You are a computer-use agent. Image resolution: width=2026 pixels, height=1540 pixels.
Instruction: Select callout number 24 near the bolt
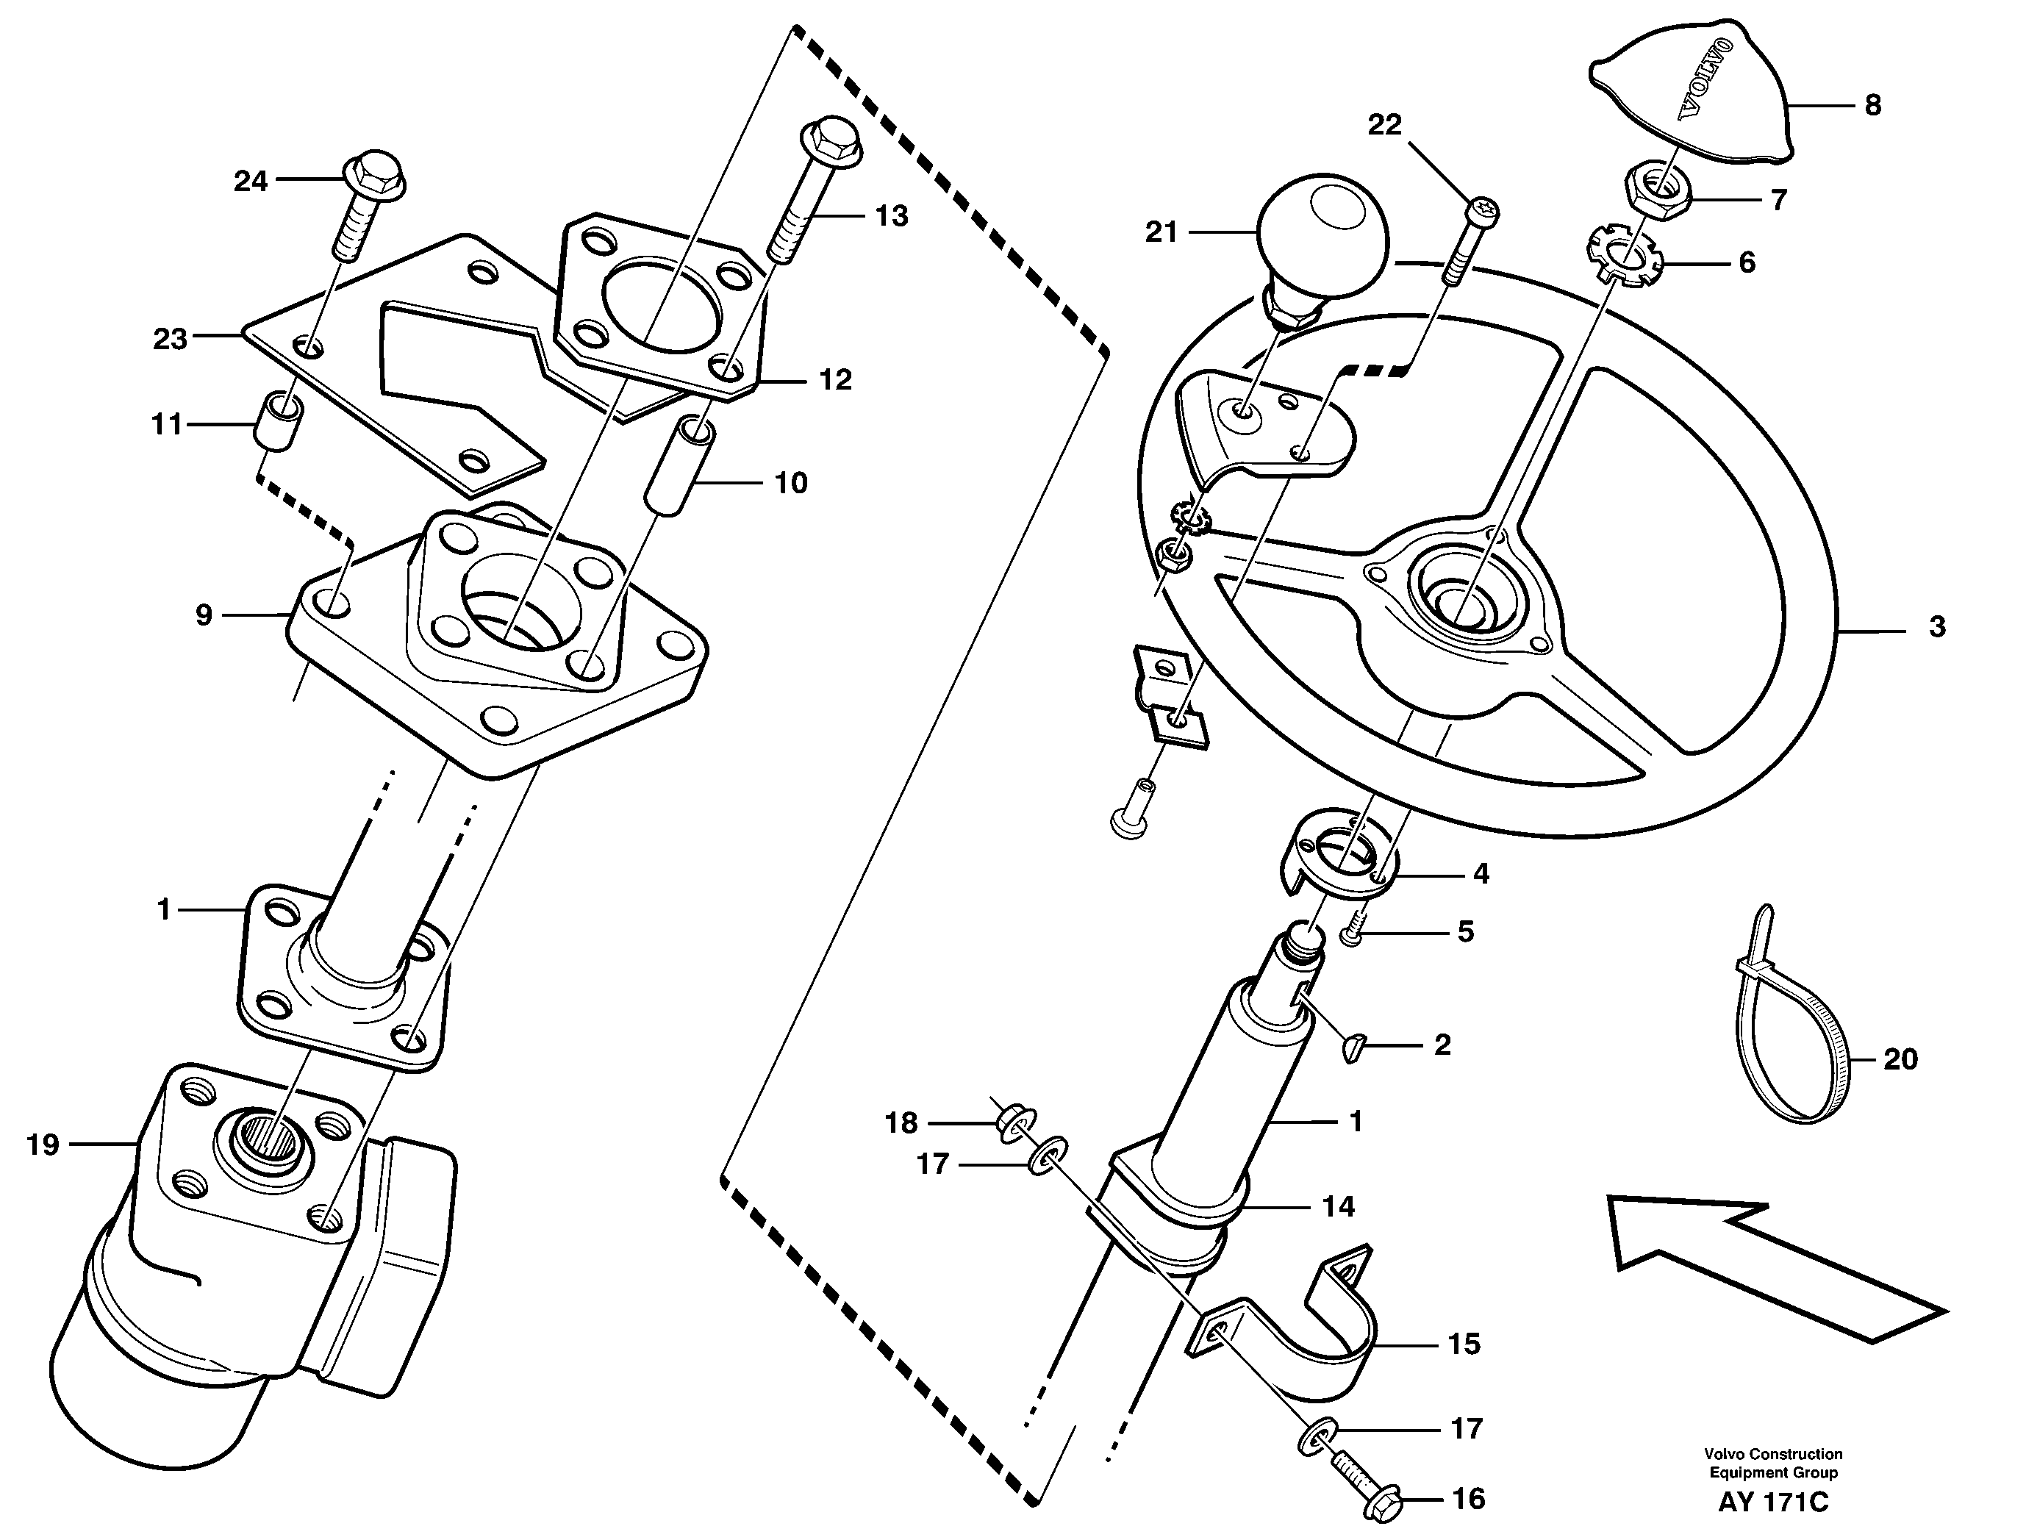[x=249, y=182]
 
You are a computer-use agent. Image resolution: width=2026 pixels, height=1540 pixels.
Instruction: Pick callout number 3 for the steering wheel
[x=1936, y=627]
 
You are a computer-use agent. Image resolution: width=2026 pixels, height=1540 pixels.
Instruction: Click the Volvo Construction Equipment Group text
[x=1773, y=1463]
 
